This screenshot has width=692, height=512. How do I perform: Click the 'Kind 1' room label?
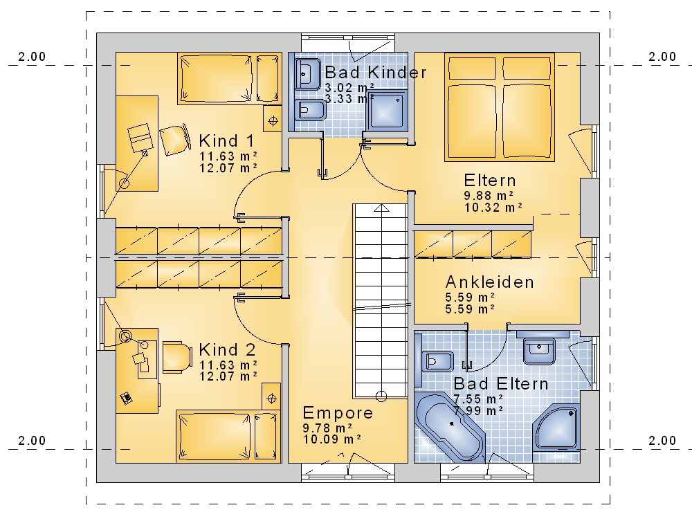(x=227, y=141)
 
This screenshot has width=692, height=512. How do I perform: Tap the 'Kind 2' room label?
(x=227, y=350)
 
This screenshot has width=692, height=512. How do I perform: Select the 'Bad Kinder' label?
(x=376, y=73)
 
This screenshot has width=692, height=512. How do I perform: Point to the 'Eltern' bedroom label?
(x=490, y=181)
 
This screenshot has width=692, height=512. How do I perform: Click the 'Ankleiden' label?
(x=490, y=282)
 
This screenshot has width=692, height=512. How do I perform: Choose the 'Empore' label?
(x=338, y=413)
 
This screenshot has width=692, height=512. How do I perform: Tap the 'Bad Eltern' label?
(x=501, y=384)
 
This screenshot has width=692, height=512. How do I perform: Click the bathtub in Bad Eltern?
(x=450, y=426)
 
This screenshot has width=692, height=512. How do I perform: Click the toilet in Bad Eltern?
(x=435, y=362)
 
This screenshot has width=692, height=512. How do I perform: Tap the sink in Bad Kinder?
(x=308, y=75)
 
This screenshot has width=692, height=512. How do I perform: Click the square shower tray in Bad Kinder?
(x=386, y=110)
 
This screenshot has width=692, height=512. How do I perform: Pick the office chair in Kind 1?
(x=175, y=140)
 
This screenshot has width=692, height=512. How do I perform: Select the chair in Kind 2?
(x=177, y=356)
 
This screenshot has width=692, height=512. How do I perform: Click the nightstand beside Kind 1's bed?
(x=273, y=119)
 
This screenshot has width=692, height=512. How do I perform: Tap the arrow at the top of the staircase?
(x=382, y=208)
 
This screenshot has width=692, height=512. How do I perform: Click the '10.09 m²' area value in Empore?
(x=332, y=439)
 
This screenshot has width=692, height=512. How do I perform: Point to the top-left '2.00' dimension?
(x=32, y=57)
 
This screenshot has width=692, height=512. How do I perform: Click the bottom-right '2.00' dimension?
(x=662, y=441)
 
